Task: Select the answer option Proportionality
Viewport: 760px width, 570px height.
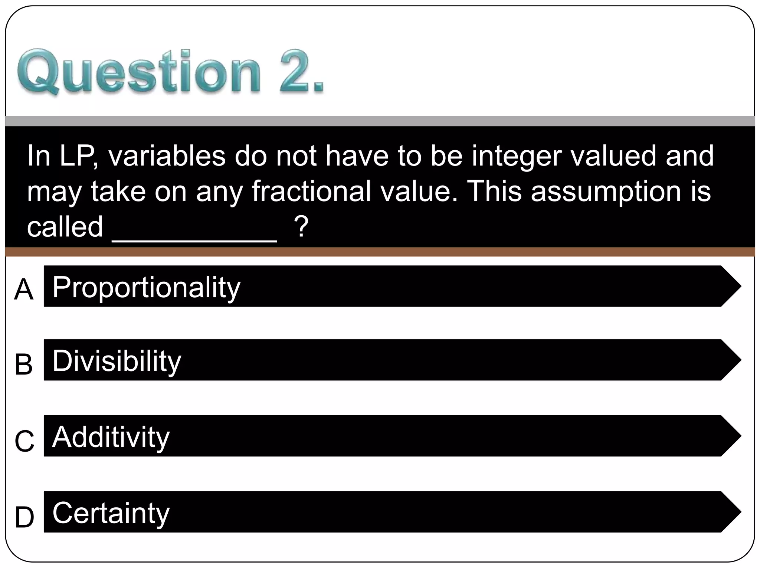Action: pos(146,287)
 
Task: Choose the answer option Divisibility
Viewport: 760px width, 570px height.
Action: pos(117,361)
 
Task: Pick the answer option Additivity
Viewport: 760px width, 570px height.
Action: pos(111,437)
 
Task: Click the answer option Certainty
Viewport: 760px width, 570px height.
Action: pos(111,513)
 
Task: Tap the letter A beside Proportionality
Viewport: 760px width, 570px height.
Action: pos(24,290)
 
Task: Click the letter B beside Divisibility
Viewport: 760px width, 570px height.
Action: pos(24,364)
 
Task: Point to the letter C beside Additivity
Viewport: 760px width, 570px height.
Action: pos(24,441)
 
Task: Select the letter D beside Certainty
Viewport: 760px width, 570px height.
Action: pos(24,517)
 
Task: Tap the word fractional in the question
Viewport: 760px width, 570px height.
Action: pos(311,191)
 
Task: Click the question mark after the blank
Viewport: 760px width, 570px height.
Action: pos(301,227)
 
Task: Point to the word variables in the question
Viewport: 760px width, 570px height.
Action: pos(167,156)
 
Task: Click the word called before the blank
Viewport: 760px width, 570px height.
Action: pos(65,227)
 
